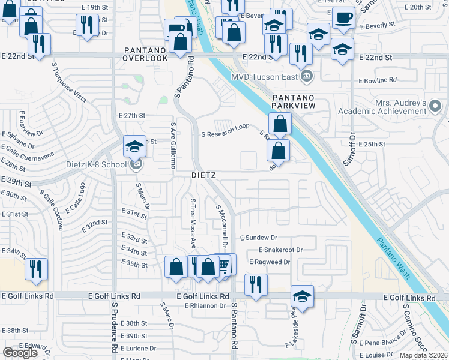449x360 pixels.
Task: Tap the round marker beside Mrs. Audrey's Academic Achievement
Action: [436, 107]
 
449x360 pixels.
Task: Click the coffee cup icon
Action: [343, 19]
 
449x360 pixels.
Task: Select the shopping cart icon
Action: [223, 265]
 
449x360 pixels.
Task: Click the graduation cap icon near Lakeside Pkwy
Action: [302, 296]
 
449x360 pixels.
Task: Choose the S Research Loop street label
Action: [225, 134]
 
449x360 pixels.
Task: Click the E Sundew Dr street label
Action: [258, 238]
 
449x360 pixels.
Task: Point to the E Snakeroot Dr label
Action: [280, 250]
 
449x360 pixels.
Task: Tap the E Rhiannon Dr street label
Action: [205, 306]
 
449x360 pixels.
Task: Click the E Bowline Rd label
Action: [378, 80]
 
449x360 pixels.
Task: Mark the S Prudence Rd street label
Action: [113, 326]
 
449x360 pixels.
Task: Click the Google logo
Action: [20, 353]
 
